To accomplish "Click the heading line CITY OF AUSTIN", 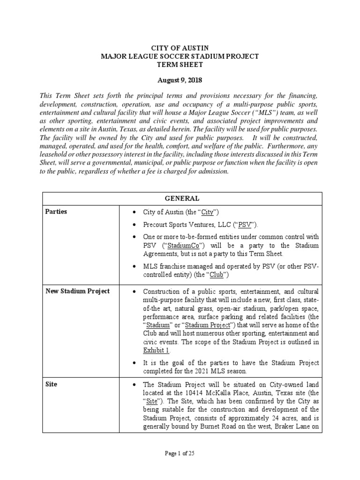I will [180, 48].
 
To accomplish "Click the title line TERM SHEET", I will [180, 64].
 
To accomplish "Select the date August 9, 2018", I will [180, 81].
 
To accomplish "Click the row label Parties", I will [56, 212].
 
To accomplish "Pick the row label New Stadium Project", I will [77, 291].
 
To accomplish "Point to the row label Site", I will [52, 384].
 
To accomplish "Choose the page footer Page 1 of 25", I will [180, 453].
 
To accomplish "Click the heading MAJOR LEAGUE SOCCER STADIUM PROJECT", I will [180, 56].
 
